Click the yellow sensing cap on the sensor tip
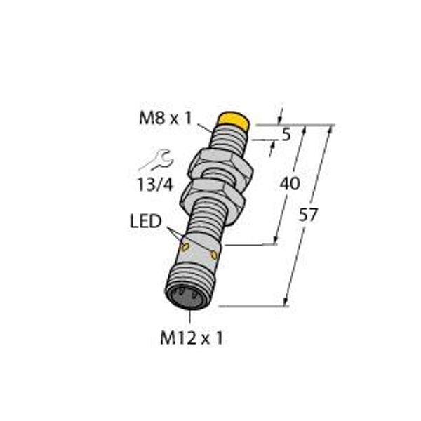234,120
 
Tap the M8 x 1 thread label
166,118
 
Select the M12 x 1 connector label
192,338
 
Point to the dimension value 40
290,184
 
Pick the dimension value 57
308,215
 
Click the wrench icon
156,160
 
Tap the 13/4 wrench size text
155,185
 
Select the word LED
145,221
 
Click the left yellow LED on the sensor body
185,247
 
